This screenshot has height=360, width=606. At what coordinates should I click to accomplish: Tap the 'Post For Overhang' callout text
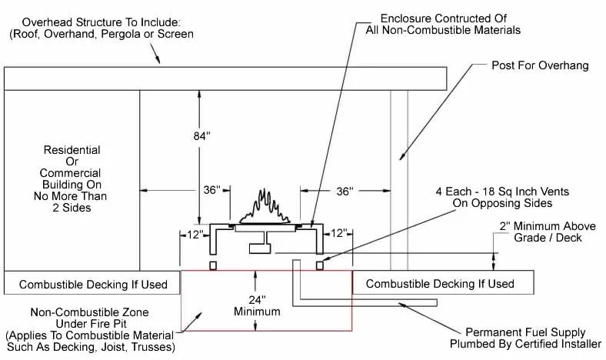point(540,66)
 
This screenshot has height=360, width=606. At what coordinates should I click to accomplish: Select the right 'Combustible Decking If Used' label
point(440,285)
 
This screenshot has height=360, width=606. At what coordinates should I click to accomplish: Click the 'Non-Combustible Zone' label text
point(89,313)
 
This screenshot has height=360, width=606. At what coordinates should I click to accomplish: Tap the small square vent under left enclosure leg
point(213,265)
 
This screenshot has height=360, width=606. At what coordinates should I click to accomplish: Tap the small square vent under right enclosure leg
point(320,265)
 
